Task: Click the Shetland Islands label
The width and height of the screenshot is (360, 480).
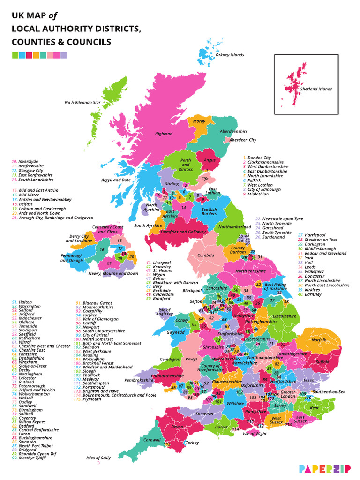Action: click(316, 89)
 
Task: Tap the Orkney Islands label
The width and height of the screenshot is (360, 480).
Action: click(229, 55)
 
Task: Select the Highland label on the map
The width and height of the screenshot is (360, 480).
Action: click(164, 134)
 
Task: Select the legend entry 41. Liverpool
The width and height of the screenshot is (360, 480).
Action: click(158, 262)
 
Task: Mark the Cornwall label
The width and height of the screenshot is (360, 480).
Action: click(151, 440)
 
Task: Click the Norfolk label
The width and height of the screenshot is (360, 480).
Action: click(319, 340)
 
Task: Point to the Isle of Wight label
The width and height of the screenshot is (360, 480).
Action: click(254, 434)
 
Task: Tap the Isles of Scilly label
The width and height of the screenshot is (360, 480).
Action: click(98, 457)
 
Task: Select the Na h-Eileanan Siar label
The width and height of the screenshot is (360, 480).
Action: click(82, 102)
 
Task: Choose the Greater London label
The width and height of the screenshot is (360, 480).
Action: click(288, 394)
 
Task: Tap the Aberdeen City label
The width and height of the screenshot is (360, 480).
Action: click(242, 140)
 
